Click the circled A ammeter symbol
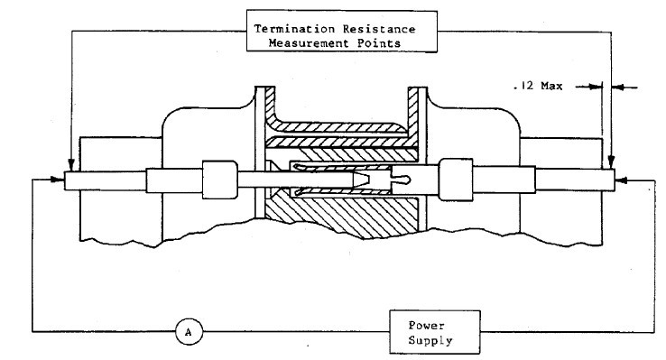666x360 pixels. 188,331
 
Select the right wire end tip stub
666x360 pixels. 603,180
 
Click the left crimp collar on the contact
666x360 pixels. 219,179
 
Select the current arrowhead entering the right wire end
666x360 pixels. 621,180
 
